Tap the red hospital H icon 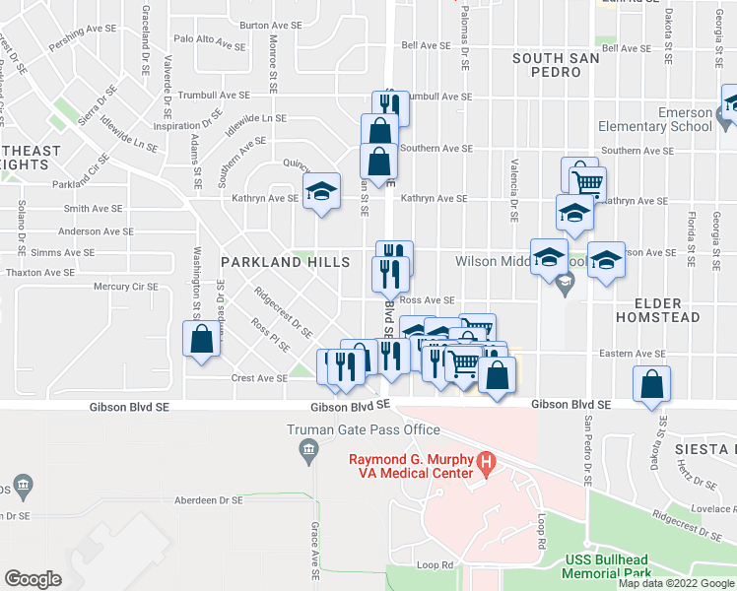pos(485,460)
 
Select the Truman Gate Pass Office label pos(363,429)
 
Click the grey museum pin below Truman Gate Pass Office pos(308,451)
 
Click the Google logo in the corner pos(33,579)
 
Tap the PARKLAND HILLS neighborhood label pos(285,262)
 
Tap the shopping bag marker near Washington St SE pos(201,340)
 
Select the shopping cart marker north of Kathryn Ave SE pos(587,183)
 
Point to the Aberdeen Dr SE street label pos(207,499)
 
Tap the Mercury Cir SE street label pos(125,287)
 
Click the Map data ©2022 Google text pos(676,583)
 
